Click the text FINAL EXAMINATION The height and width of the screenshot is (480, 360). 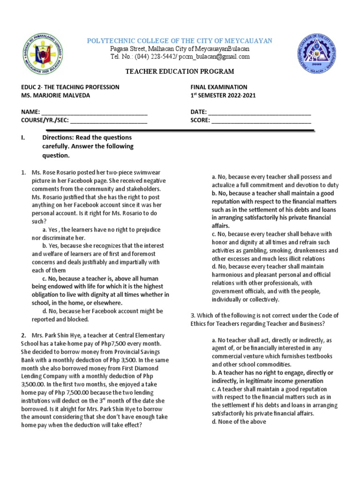click(218, 87)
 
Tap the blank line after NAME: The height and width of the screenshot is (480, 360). click(94, 112)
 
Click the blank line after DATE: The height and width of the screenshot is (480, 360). click(259, 112)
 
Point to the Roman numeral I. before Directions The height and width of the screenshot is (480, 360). click(23, 137)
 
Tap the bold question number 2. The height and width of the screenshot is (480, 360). click(23, 335)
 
